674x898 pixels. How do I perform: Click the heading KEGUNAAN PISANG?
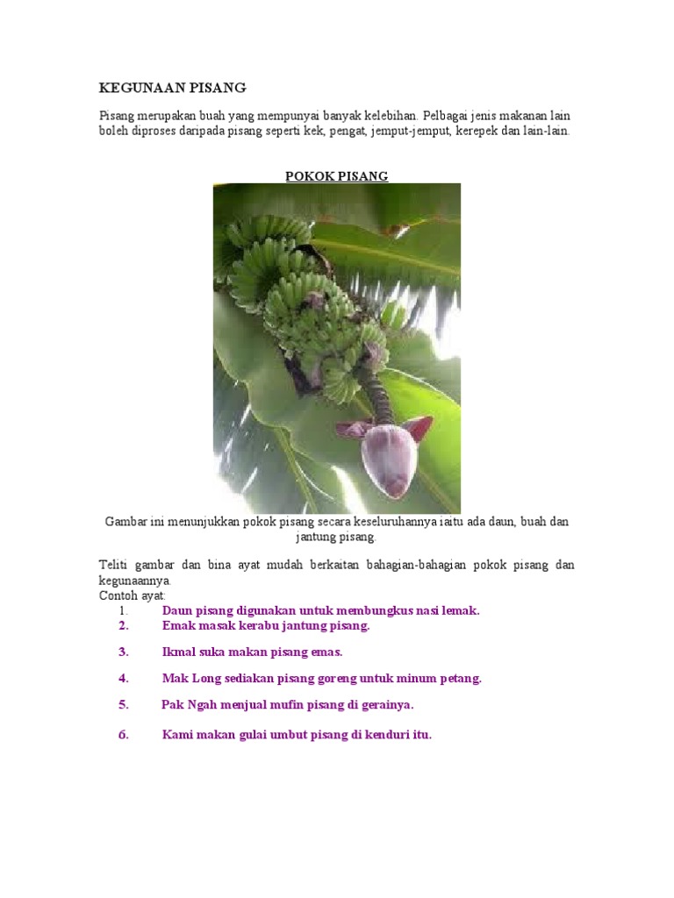(x=172, y=88)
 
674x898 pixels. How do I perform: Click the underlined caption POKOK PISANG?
(x=336, y=176)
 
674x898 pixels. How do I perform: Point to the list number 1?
(x=124, y=609)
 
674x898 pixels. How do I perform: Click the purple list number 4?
(x=124, y=678)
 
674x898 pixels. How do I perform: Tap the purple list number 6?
(x=124, y=735)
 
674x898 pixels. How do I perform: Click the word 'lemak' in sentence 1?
(x=461, y=609)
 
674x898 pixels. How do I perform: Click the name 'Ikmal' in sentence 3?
(x=179, y=652)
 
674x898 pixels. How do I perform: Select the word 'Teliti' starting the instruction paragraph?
(x=113, y=565)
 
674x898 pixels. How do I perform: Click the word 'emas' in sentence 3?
(x=326, y=652)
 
